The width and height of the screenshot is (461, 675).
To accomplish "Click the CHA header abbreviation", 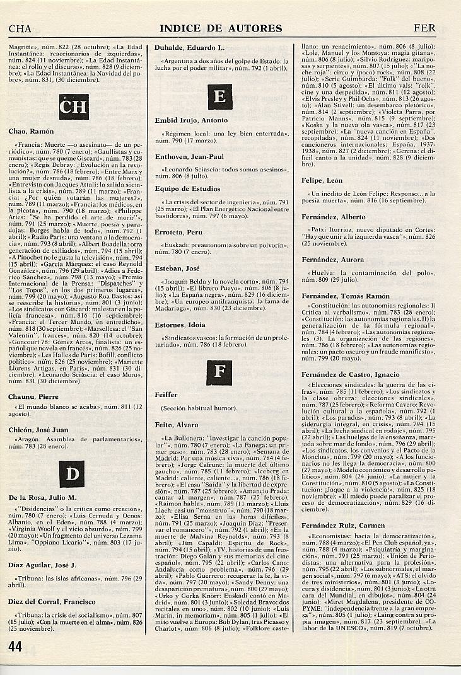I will pyautogui.click(x=20, y=28).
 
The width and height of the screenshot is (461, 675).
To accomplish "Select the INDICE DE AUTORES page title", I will pyautogui.click(x=221, y=28).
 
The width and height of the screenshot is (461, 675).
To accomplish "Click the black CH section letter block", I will pyautogui.click(x=73, y=107).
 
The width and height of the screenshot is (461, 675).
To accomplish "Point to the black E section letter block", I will pyautogui.click(x=219, y=97).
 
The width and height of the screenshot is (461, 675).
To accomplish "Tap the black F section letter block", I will pyautogui.click(x=219, y=371).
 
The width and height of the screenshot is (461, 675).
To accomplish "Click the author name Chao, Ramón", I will pyautogui.click(x=32, y=132).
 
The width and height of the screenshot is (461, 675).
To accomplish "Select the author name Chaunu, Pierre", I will pyautogui.click(x=33, y=397).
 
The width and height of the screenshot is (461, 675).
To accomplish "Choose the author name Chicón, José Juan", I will pyautogui.click(x=38, y=430).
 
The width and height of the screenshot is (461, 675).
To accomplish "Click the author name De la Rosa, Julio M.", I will pyautogui.click(x=42, y=498).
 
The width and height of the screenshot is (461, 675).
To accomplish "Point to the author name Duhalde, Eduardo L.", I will pyautogui.click(x=188, y=48).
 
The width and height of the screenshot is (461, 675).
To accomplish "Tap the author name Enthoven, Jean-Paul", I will pyautogui.click(x=189, y=156).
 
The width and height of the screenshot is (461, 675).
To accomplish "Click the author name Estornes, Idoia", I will pyautogui.click(x=180, y=325).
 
